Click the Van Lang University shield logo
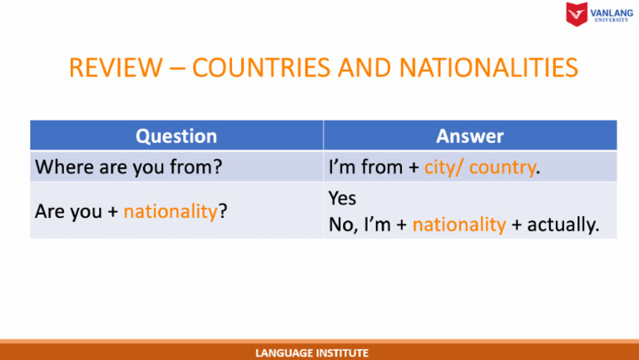[x=576, y=14]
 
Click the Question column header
[x=176, y=136]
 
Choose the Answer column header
[x=470, y=136]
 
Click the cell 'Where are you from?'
[x=127, y=167]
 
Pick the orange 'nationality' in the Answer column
[x=459, y=224]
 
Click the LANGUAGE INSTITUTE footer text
[x=311, y=353]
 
